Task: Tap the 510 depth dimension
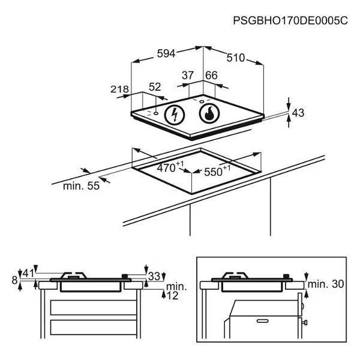pos(235,58)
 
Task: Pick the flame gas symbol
pos(209,113)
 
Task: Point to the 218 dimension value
pos(120,89)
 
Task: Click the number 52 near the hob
pos(155,87)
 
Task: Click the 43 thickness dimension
pos(298,112)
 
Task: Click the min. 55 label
pos(81,186)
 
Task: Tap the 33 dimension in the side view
pos(154,277)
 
